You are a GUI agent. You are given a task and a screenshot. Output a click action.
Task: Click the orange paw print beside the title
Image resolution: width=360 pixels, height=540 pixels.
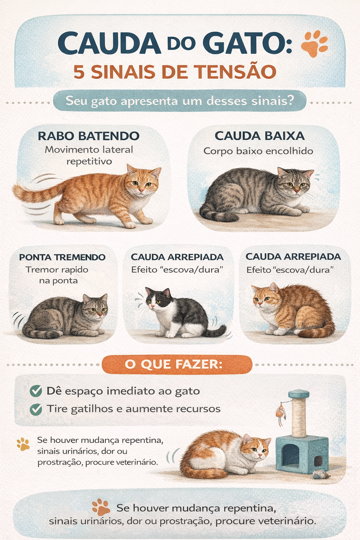click(314, 43)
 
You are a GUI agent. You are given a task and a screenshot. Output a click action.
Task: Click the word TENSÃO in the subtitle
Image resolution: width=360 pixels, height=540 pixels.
click(235, 72)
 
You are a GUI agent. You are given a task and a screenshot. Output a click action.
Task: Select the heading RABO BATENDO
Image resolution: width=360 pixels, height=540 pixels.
click(89, 136)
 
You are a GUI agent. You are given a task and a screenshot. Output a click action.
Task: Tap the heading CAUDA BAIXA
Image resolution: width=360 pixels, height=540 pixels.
click(259, 136)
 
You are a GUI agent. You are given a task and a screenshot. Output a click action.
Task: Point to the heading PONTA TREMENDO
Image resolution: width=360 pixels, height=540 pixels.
click(62, 257)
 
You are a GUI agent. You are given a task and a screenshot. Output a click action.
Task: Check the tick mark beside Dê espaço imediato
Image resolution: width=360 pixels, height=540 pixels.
click(36, 391)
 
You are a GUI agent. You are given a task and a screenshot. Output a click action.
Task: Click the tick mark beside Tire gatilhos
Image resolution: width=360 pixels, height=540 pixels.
click(36, 409)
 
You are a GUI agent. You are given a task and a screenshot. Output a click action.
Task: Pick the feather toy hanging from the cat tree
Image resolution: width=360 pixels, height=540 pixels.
click(280, 413)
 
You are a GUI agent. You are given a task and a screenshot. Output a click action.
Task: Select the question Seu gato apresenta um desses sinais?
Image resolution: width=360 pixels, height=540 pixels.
click(179, 101)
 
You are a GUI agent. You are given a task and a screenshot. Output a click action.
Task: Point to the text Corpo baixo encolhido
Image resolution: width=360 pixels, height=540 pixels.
click(258, 151)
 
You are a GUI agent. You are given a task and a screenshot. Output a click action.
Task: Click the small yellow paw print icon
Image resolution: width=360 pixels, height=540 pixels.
click(23, 444)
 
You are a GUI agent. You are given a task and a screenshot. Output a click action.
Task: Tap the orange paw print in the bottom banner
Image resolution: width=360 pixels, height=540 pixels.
click(101, 507)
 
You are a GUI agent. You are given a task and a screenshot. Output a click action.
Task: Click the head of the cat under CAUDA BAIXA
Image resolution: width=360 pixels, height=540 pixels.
click(295, 181)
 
